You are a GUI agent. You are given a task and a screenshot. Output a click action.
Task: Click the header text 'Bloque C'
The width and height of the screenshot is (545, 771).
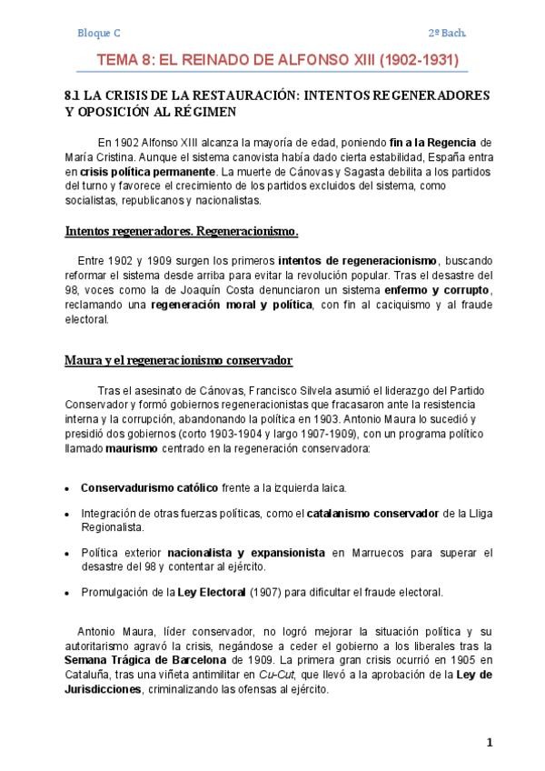99,33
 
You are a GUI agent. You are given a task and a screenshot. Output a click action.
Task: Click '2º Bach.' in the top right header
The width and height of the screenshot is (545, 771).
448,33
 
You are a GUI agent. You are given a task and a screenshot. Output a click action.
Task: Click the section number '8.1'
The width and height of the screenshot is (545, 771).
74,95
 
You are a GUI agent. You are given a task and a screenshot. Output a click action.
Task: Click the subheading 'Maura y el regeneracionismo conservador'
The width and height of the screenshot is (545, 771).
178,360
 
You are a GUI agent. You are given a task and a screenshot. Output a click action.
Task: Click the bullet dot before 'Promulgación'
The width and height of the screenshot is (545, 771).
68,593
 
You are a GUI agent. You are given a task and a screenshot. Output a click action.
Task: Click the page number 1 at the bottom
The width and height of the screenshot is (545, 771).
489,743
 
